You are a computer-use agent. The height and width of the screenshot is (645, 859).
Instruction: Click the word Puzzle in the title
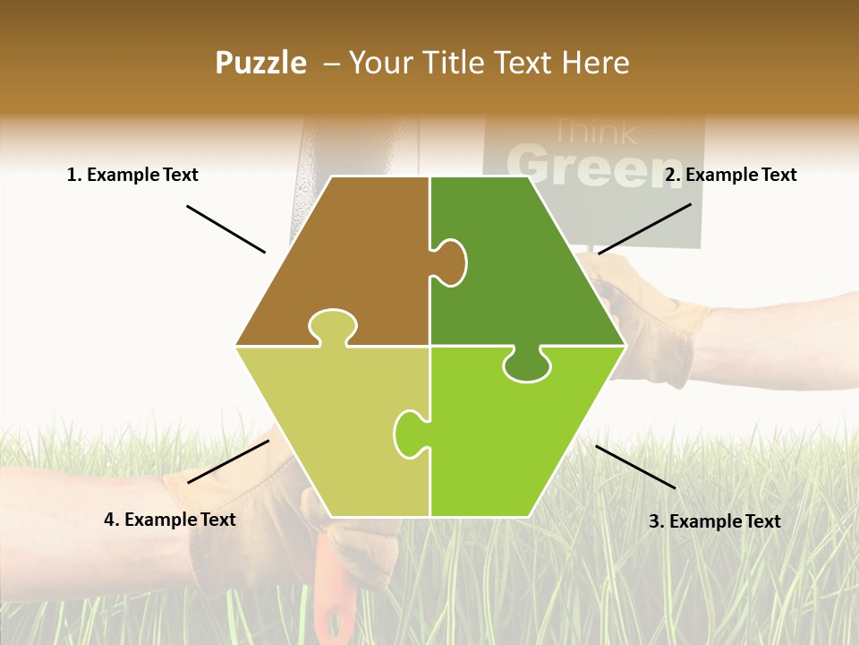tap(260, 63)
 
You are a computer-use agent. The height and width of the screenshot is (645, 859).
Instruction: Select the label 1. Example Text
tap(132, 175)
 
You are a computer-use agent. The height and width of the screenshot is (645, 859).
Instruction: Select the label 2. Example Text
tap(730, 175)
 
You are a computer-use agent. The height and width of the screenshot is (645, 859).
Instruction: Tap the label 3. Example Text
tap(714, 521)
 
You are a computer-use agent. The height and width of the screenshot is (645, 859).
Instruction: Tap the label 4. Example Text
tap(170, 520)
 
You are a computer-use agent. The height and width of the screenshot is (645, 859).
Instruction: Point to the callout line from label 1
tap(225, 228)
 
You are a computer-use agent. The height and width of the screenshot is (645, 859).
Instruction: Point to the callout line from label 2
tap(644, 228)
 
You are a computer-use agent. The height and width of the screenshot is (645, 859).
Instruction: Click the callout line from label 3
tap(635, 467)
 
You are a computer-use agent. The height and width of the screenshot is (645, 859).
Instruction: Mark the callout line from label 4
tap(228, 461)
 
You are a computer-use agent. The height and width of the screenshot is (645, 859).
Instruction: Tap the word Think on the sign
tap(593, 133)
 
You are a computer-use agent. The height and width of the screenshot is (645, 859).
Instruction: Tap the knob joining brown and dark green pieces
tap(451, 262)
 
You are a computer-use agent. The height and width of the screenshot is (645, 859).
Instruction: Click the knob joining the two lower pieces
tap(409, 433)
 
